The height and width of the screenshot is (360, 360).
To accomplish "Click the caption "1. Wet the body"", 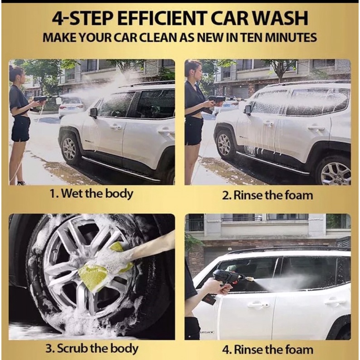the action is [92, 194].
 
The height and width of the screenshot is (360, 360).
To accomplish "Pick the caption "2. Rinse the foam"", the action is [268, 195].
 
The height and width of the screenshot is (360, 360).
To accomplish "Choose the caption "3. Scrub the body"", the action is [92, 349].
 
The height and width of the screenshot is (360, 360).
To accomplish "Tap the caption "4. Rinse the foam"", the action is [268, 350].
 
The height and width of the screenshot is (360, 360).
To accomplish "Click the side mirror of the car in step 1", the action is [94, 112].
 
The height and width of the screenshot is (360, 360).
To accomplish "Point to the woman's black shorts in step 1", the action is [21, 129].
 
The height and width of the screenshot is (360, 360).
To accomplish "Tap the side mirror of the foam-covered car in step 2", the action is [248, 110].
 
